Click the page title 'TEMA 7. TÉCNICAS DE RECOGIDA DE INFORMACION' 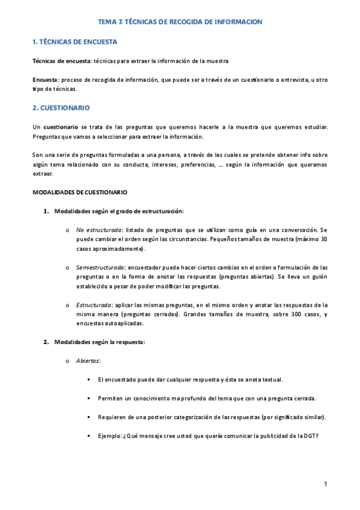pos(180,22)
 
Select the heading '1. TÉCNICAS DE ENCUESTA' pos(75,42)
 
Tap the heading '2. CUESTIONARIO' pos(61,108)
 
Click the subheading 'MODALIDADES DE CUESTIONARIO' pos(79,192)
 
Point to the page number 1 pos(325,484)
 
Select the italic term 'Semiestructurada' pos(100,267)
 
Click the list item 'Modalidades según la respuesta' pos(99,342)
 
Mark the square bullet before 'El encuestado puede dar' pos(88,379)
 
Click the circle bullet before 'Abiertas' pos(66,361)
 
